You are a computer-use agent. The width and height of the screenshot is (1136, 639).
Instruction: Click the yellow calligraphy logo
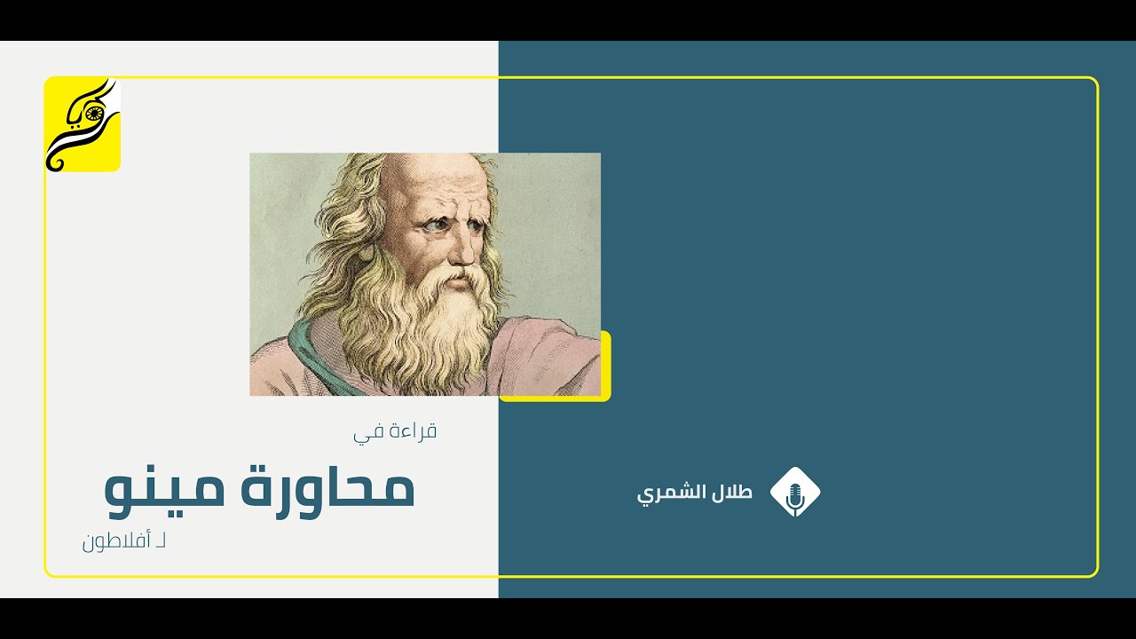83,124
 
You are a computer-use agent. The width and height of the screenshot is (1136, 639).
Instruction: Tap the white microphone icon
795,493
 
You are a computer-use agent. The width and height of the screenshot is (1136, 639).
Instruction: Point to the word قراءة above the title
414,432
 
